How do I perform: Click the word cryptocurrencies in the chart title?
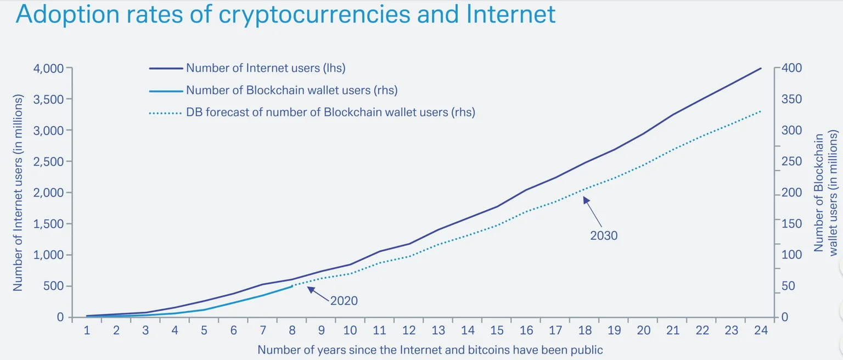click(314, 15)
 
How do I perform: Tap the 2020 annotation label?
click(344, 300)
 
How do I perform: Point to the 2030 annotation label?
click(604, 235)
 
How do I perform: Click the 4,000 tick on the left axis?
click(50, 68)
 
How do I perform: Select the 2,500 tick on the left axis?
click(50, 162)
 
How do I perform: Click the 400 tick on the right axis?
click(791, 68)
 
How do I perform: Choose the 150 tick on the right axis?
click(791, 224)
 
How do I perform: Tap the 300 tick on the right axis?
click(791, 131)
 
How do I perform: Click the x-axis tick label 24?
click(761, 330)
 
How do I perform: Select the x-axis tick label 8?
click(292, 330)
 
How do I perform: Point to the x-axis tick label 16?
click(526, 330)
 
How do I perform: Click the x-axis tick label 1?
click(87, 330)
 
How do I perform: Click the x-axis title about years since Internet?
click(430, 350)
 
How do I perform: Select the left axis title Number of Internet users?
click(18, 192)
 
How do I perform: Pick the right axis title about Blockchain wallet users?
click(825, 192)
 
